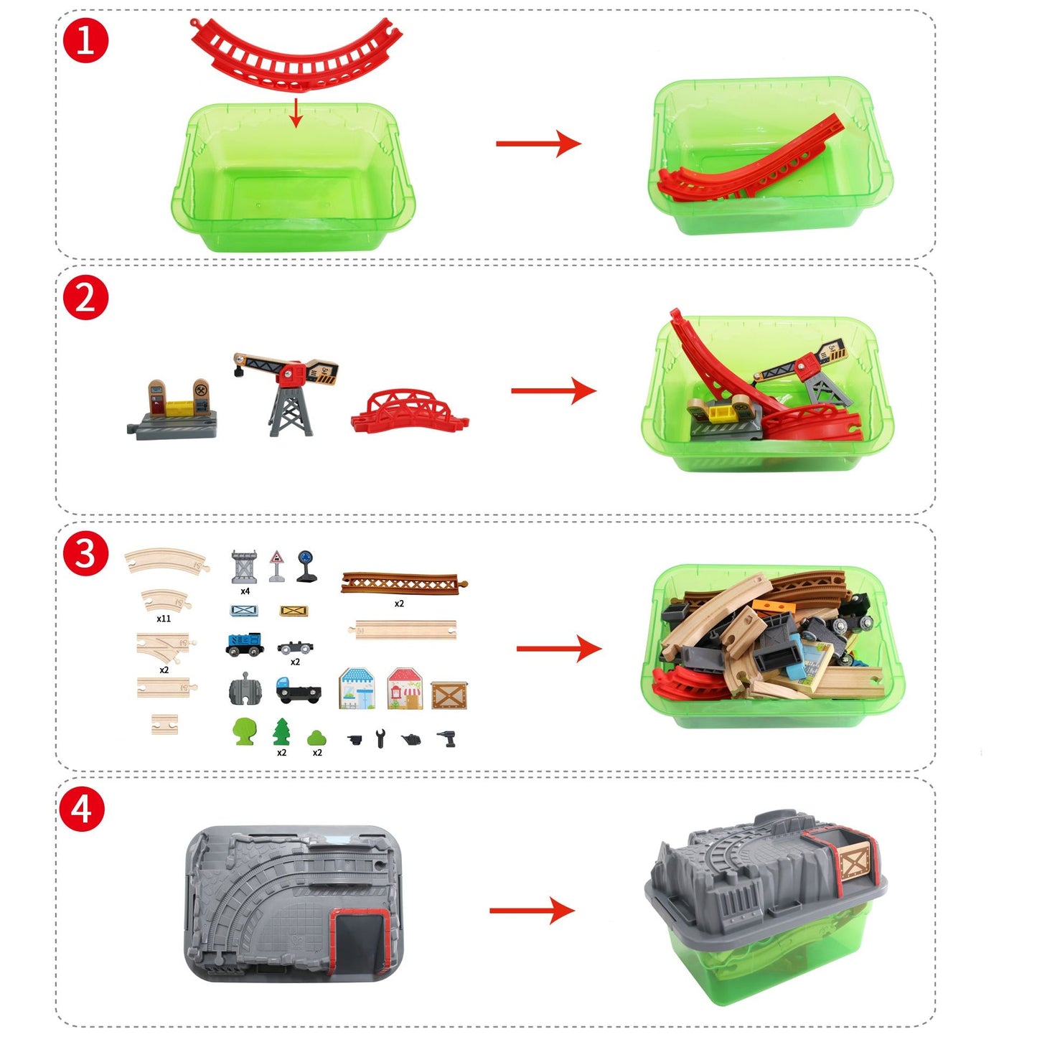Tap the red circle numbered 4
point(82,809)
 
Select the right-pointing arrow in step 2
point(553,390)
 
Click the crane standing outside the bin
point(287,391)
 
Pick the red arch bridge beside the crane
point(409,412)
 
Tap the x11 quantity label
point(164,618)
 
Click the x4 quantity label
point(245,591)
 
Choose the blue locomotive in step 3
point(244,644)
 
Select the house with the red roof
point(405,688)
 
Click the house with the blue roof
point(357,688)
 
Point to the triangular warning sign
point(276,566)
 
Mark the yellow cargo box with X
point(294,611)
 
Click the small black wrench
point(380,738)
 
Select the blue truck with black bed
point(298,690)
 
